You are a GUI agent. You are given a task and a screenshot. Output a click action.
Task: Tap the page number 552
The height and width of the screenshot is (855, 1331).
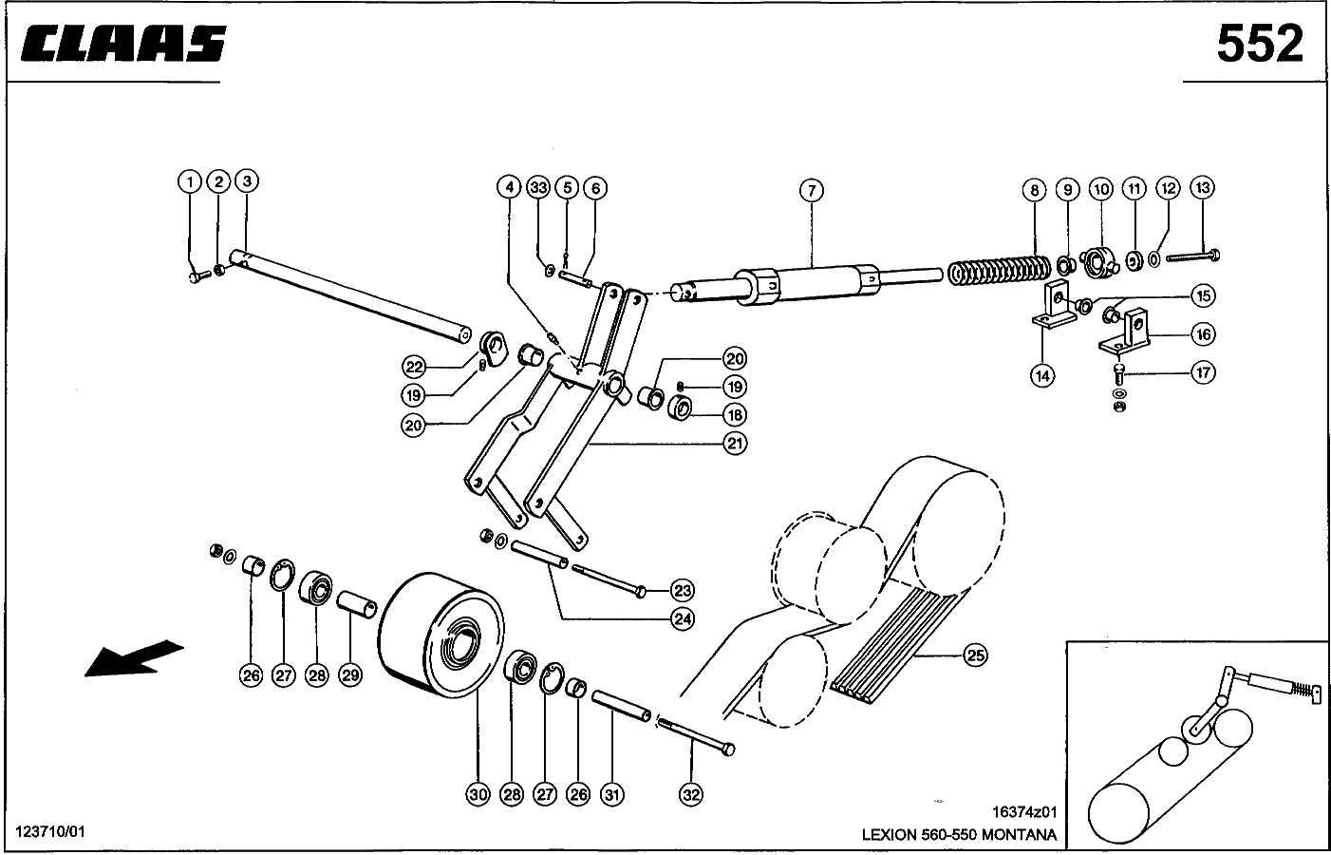[1260, 44]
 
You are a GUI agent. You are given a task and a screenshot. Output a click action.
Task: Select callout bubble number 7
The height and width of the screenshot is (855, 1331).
[811, 191]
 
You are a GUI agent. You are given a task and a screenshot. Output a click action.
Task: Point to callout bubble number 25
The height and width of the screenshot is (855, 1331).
[975, 655]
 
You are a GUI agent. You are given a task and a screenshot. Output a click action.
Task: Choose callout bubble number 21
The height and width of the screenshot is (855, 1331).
[734, 443]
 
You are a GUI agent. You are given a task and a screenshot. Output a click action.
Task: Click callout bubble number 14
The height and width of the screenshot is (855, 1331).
[1042, 375]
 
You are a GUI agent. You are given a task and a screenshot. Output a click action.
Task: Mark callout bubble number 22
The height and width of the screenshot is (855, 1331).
[412, 366]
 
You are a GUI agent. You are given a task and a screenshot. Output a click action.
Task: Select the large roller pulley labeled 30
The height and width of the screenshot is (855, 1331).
[442, 633]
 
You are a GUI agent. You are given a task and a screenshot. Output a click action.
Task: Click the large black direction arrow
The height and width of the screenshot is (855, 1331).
[133, 657]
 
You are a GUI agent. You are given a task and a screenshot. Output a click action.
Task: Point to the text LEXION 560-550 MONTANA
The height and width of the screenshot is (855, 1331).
[959, 835]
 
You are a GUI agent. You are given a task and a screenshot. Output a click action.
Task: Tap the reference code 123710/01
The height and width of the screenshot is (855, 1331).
[50, 832]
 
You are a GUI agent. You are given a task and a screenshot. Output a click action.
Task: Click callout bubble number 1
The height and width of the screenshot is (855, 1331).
[190, 181]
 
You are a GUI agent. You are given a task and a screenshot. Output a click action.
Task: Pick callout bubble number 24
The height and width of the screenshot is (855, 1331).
[682, 619]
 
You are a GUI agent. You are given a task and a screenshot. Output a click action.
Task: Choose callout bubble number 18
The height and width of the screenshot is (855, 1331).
[734, 415]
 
